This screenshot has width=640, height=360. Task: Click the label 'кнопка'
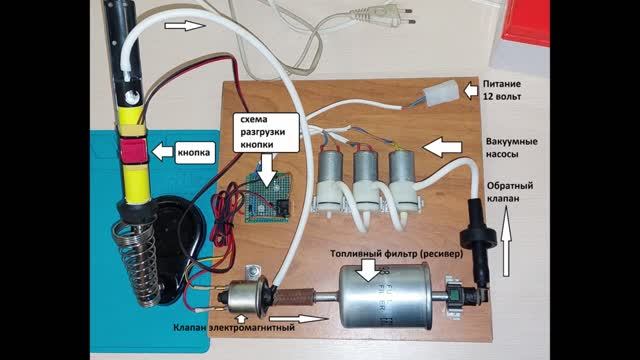click(194, 152)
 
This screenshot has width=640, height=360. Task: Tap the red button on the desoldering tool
click(133, 150)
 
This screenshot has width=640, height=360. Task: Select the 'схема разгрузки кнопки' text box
click(263, 132)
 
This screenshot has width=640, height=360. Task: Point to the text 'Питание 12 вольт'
click(502, 90)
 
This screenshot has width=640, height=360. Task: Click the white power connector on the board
click(440, 93)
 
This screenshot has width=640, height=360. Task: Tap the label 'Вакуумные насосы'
click(511, 148)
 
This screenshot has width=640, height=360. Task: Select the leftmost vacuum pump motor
click(330, 167)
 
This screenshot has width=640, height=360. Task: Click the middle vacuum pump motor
click(367, 167)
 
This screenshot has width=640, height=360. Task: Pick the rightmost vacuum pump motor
click(402, 168)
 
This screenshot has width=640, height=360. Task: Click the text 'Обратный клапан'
click(509, 191)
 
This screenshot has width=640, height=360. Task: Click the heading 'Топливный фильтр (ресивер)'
click(397, 253)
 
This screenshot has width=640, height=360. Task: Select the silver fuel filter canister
click(384, 297)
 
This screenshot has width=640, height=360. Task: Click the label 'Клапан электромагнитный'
click(234, 327)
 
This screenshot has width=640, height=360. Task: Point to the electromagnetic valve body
click(244, 298)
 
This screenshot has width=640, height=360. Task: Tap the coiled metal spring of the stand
click(137, 261)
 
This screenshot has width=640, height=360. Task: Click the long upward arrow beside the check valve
click(506, 241)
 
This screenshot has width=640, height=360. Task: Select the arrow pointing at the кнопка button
click(162, 151)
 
